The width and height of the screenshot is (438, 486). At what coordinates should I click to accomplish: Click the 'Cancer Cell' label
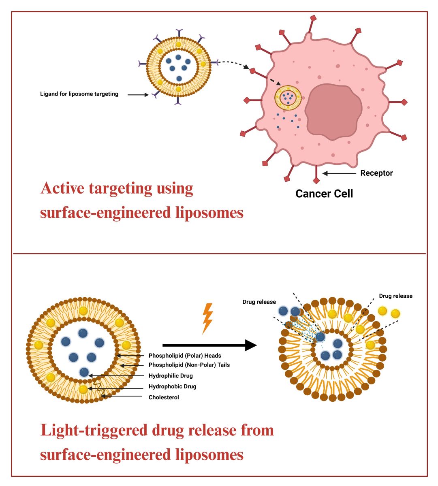point(324,194)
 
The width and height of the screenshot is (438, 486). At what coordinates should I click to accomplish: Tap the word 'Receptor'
point(376,173)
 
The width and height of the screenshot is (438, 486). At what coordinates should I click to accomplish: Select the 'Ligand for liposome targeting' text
point(79,94)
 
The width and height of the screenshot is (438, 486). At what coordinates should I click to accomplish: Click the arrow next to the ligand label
point(138,95)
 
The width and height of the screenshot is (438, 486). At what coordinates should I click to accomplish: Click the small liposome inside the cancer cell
point(288,98)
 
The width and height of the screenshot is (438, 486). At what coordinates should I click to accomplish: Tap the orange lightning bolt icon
point(207,318)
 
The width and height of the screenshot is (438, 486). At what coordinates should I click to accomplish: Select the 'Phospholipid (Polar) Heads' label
point(185,356)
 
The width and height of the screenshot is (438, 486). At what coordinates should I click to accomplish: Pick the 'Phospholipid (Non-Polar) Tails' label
point(189,365)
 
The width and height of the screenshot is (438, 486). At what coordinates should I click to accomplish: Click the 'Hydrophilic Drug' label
point(171,376)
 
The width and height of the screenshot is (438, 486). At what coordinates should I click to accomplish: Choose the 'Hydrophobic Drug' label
point(172,386)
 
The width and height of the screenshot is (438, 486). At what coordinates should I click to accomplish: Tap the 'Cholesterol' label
point(164,397)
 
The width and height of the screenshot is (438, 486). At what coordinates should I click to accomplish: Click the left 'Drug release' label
point(259,302)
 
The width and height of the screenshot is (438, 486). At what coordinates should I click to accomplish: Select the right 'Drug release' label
point(395,296)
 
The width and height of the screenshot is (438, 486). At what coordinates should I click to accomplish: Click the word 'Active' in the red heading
point(62,188)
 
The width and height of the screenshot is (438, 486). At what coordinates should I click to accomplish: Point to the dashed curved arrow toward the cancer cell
point(233,63)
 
